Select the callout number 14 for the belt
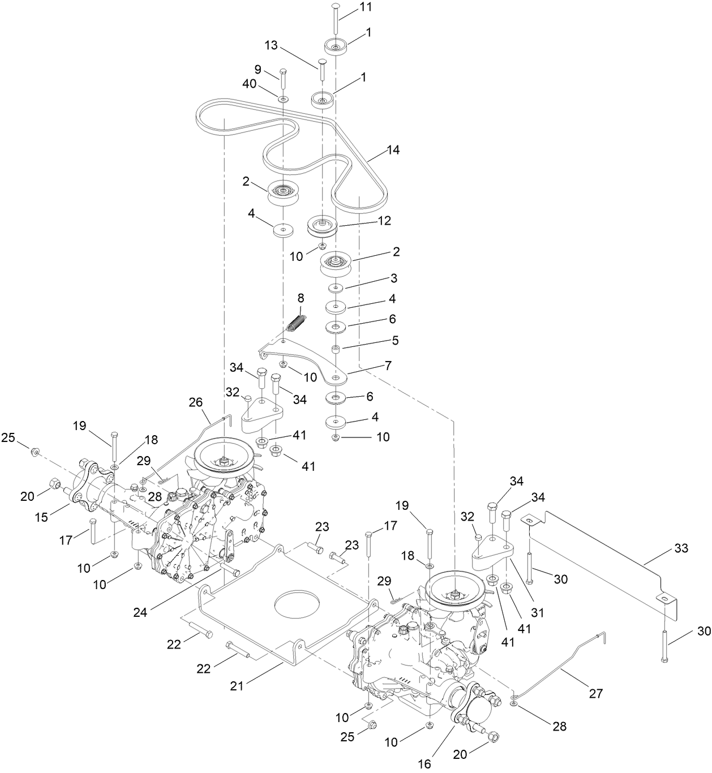tap(393, 150)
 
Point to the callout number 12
tap(384, 221)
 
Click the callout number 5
tap(394, 341)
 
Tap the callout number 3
tap(393, 278)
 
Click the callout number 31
tap(537, 612)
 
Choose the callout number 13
tap(271, 45)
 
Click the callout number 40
tap(249, 83)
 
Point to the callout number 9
tap(258, 69)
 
